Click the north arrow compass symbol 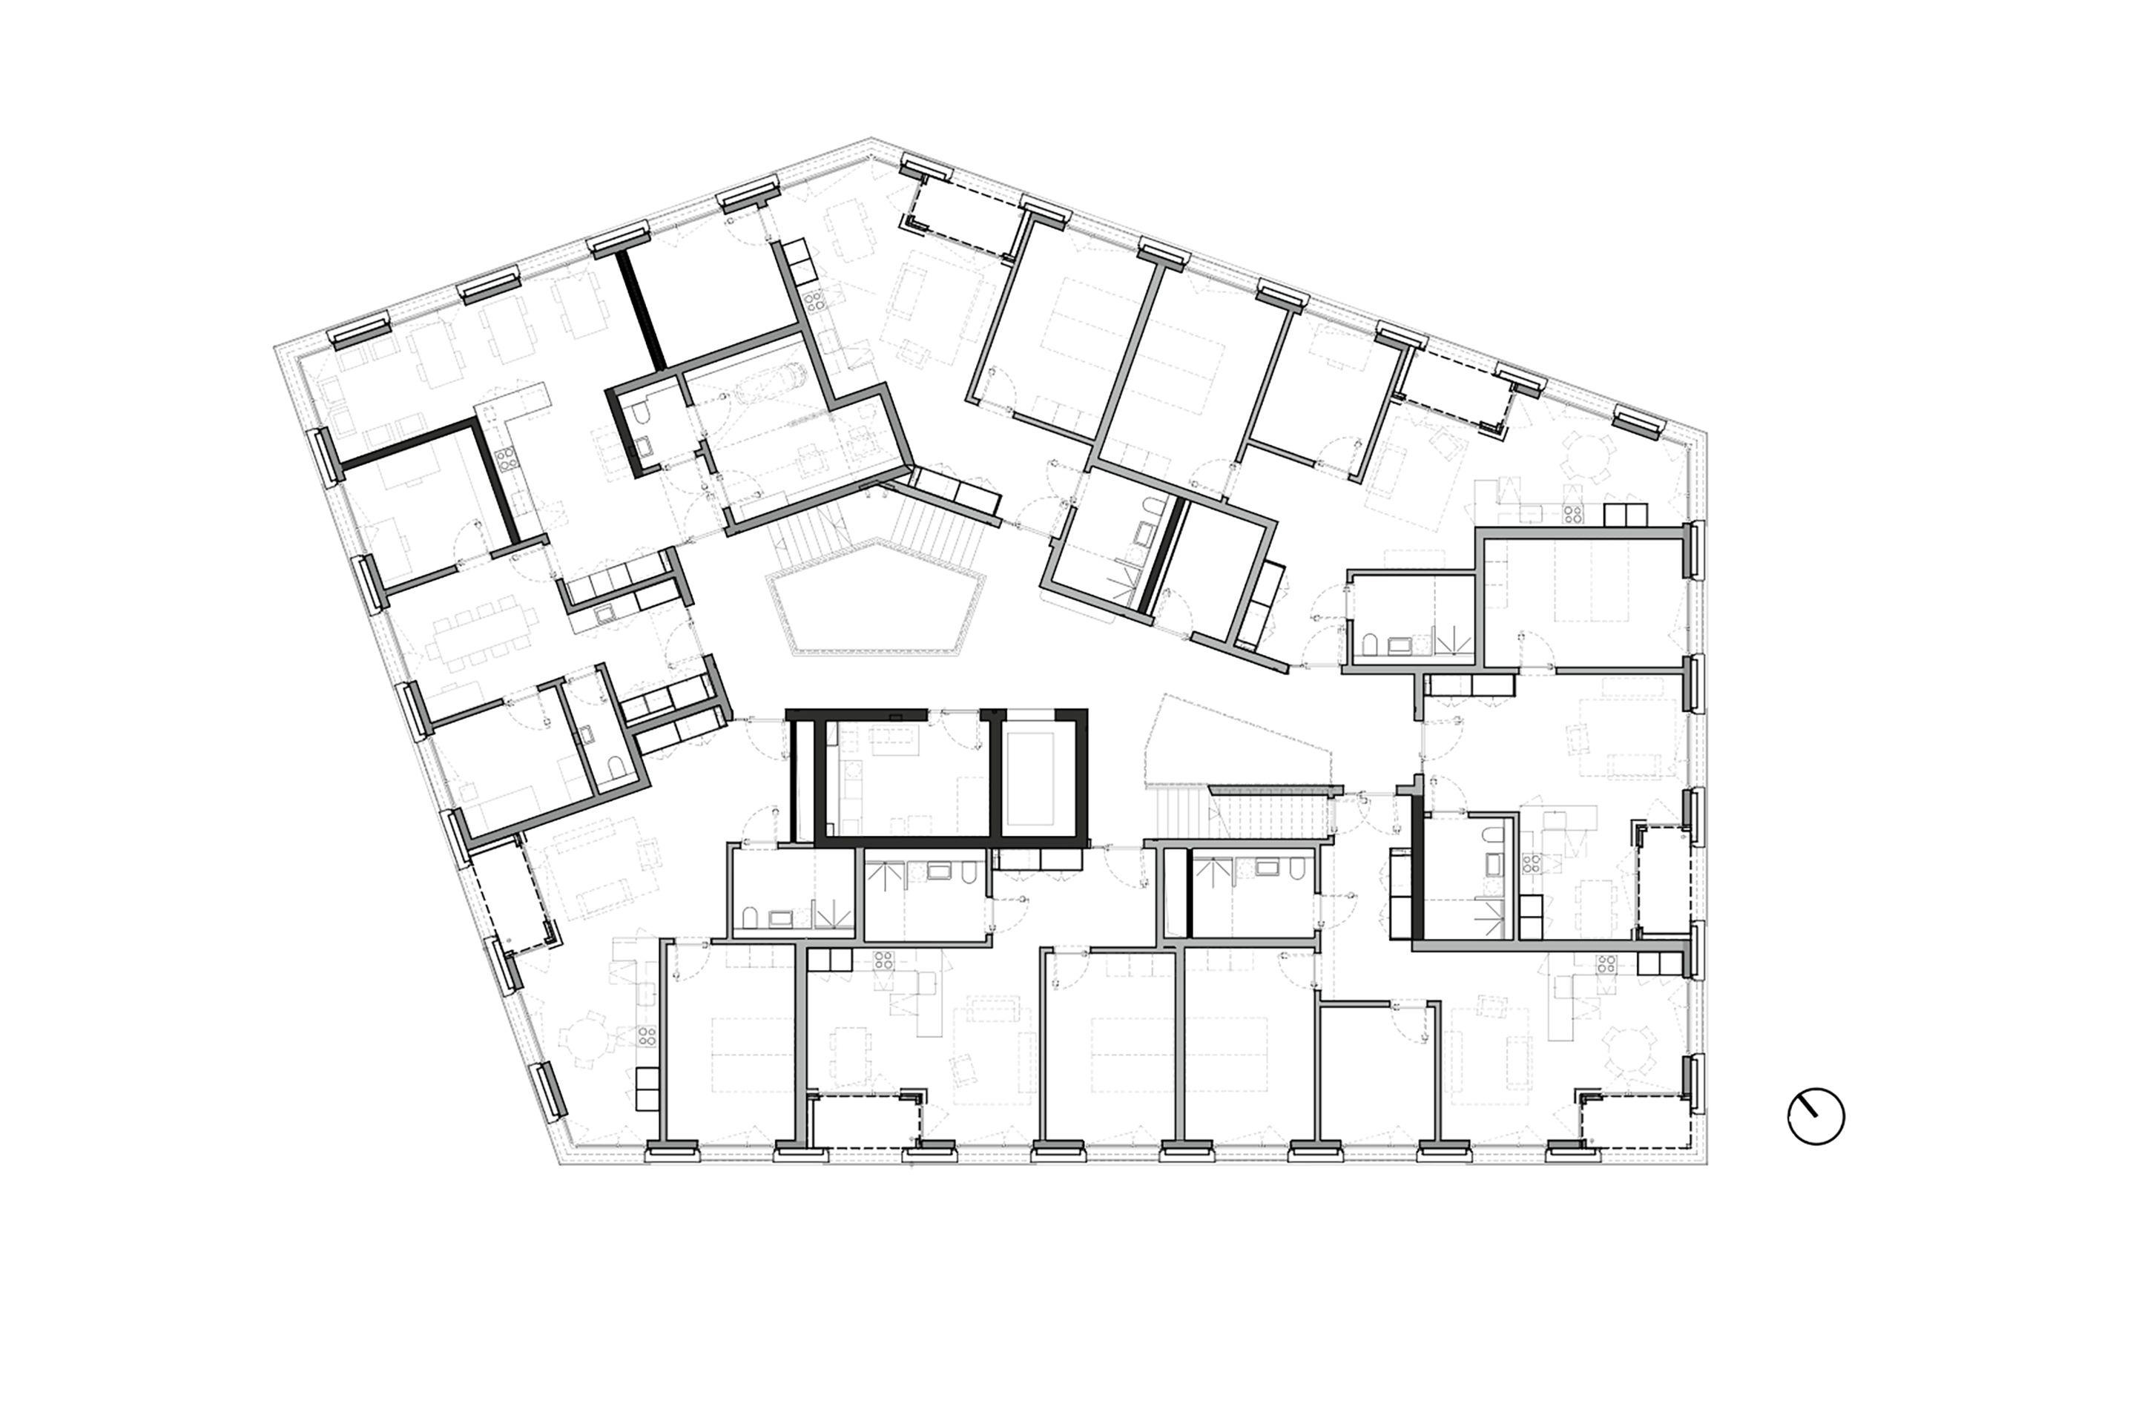1816,1116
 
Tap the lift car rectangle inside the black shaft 1030,779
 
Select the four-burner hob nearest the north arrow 1606,964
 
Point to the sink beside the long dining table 604,615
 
